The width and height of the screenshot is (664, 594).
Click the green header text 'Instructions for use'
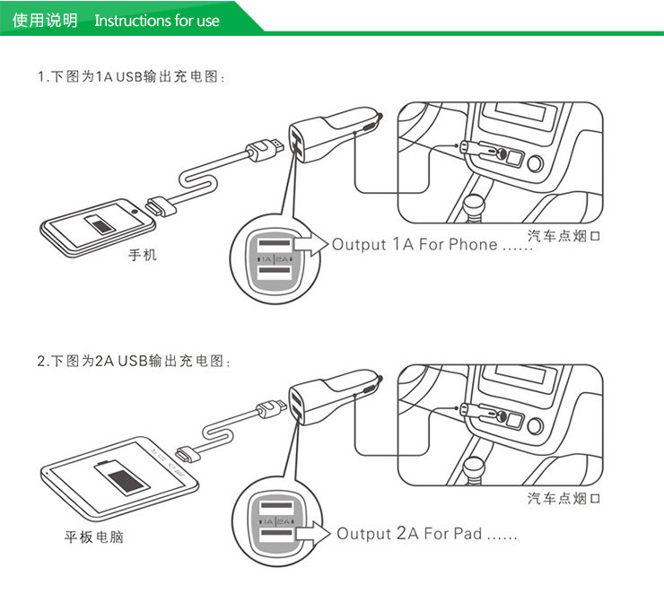[x=156, y=20]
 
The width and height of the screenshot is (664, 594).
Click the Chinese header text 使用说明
[x=45, y=20]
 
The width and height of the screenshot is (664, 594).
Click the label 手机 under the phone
[x=142, y=256]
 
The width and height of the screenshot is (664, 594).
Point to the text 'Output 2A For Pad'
[x=409, y=534]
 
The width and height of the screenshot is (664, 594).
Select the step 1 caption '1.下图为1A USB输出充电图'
[x=131, y=77]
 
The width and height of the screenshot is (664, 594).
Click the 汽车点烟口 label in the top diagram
[x=563, y=236]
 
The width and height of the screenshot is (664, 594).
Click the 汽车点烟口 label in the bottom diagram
[x=563, y=498]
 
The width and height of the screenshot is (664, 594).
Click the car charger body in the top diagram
[x=328, y=137]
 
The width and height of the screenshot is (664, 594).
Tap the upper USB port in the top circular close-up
[x=275, y=244]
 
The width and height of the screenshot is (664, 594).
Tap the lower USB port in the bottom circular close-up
[x=275, y=538]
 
